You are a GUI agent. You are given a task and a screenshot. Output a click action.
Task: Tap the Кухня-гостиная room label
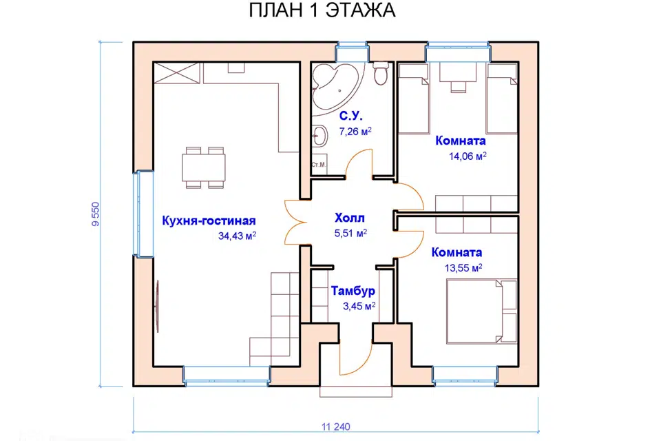tap(209, 221)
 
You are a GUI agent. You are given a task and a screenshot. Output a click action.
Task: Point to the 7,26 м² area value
tap(355, 130)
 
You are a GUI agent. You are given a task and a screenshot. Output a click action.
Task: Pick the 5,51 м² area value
tap(350, 233)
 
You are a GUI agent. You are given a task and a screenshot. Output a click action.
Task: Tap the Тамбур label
tap(353, 291)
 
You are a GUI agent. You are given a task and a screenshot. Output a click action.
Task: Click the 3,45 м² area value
tap(358, 305)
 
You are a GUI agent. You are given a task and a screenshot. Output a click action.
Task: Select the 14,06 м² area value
tap(467, 156)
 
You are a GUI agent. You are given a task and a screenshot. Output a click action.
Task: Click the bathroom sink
tap(319, 136)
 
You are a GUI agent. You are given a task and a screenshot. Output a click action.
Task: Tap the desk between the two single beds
tap(457, 75)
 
